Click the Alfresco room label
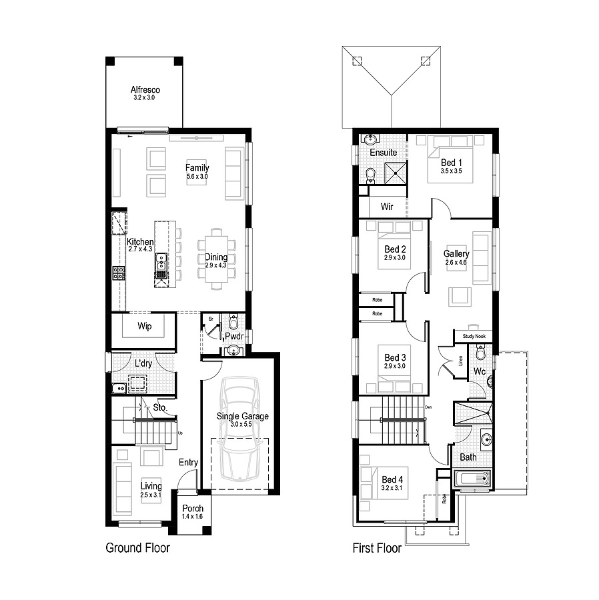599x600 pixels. pos(145,89)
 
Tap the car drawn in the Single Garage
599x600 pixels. pos(240,429)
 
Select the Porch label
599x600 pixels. pos(193,509)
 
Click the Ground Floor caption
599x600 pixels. pos(137,548)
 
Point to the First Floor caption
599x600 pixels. pos(377,548)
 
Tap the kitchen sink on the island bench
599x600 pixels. pos(161,265)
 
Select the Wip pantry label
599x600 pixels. pos(144,327)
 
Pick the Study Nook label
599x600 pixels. pos(473,337)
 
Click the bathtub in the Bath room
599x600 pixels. pos(472,479)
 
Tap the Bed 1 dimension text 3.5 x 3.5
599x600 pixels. pos(451,171)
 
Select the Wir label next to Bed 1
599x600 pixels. pos(387,207)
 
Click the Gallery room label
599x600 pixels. pos(457,254)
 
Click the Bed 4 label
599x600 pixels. pos(392,479)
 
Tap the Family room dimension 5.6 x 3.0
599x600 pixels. pos(197,177)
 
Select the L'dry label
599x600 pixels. pos(143,364)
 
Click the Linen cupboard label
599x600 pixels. pos(461,361)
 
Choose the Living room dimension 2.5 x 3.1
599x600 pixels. pos(151,495)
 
